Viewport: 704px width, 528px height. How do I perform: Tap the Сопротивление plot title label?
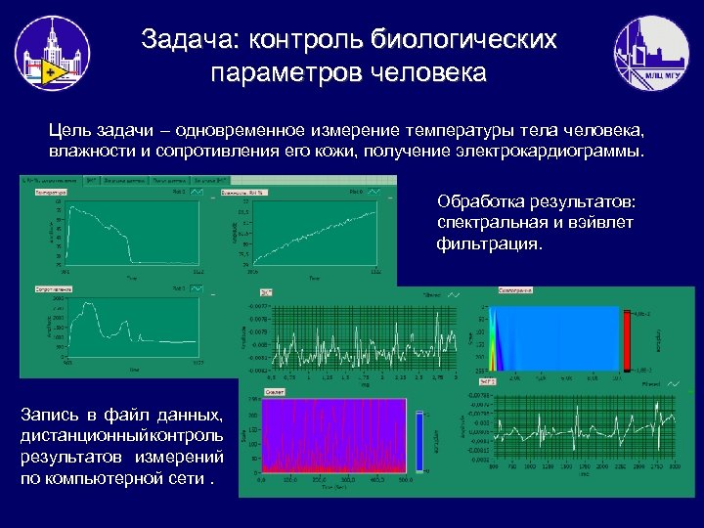[x=55, y=290]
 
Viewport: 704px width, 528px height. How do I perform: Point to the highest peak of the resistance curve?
[x=94, y=306]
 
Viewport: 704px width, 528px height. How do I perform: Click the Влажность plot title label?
[x=242, y=193]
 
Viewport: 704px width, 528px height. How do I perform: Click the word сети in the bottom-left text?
[x=191, y=479]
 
